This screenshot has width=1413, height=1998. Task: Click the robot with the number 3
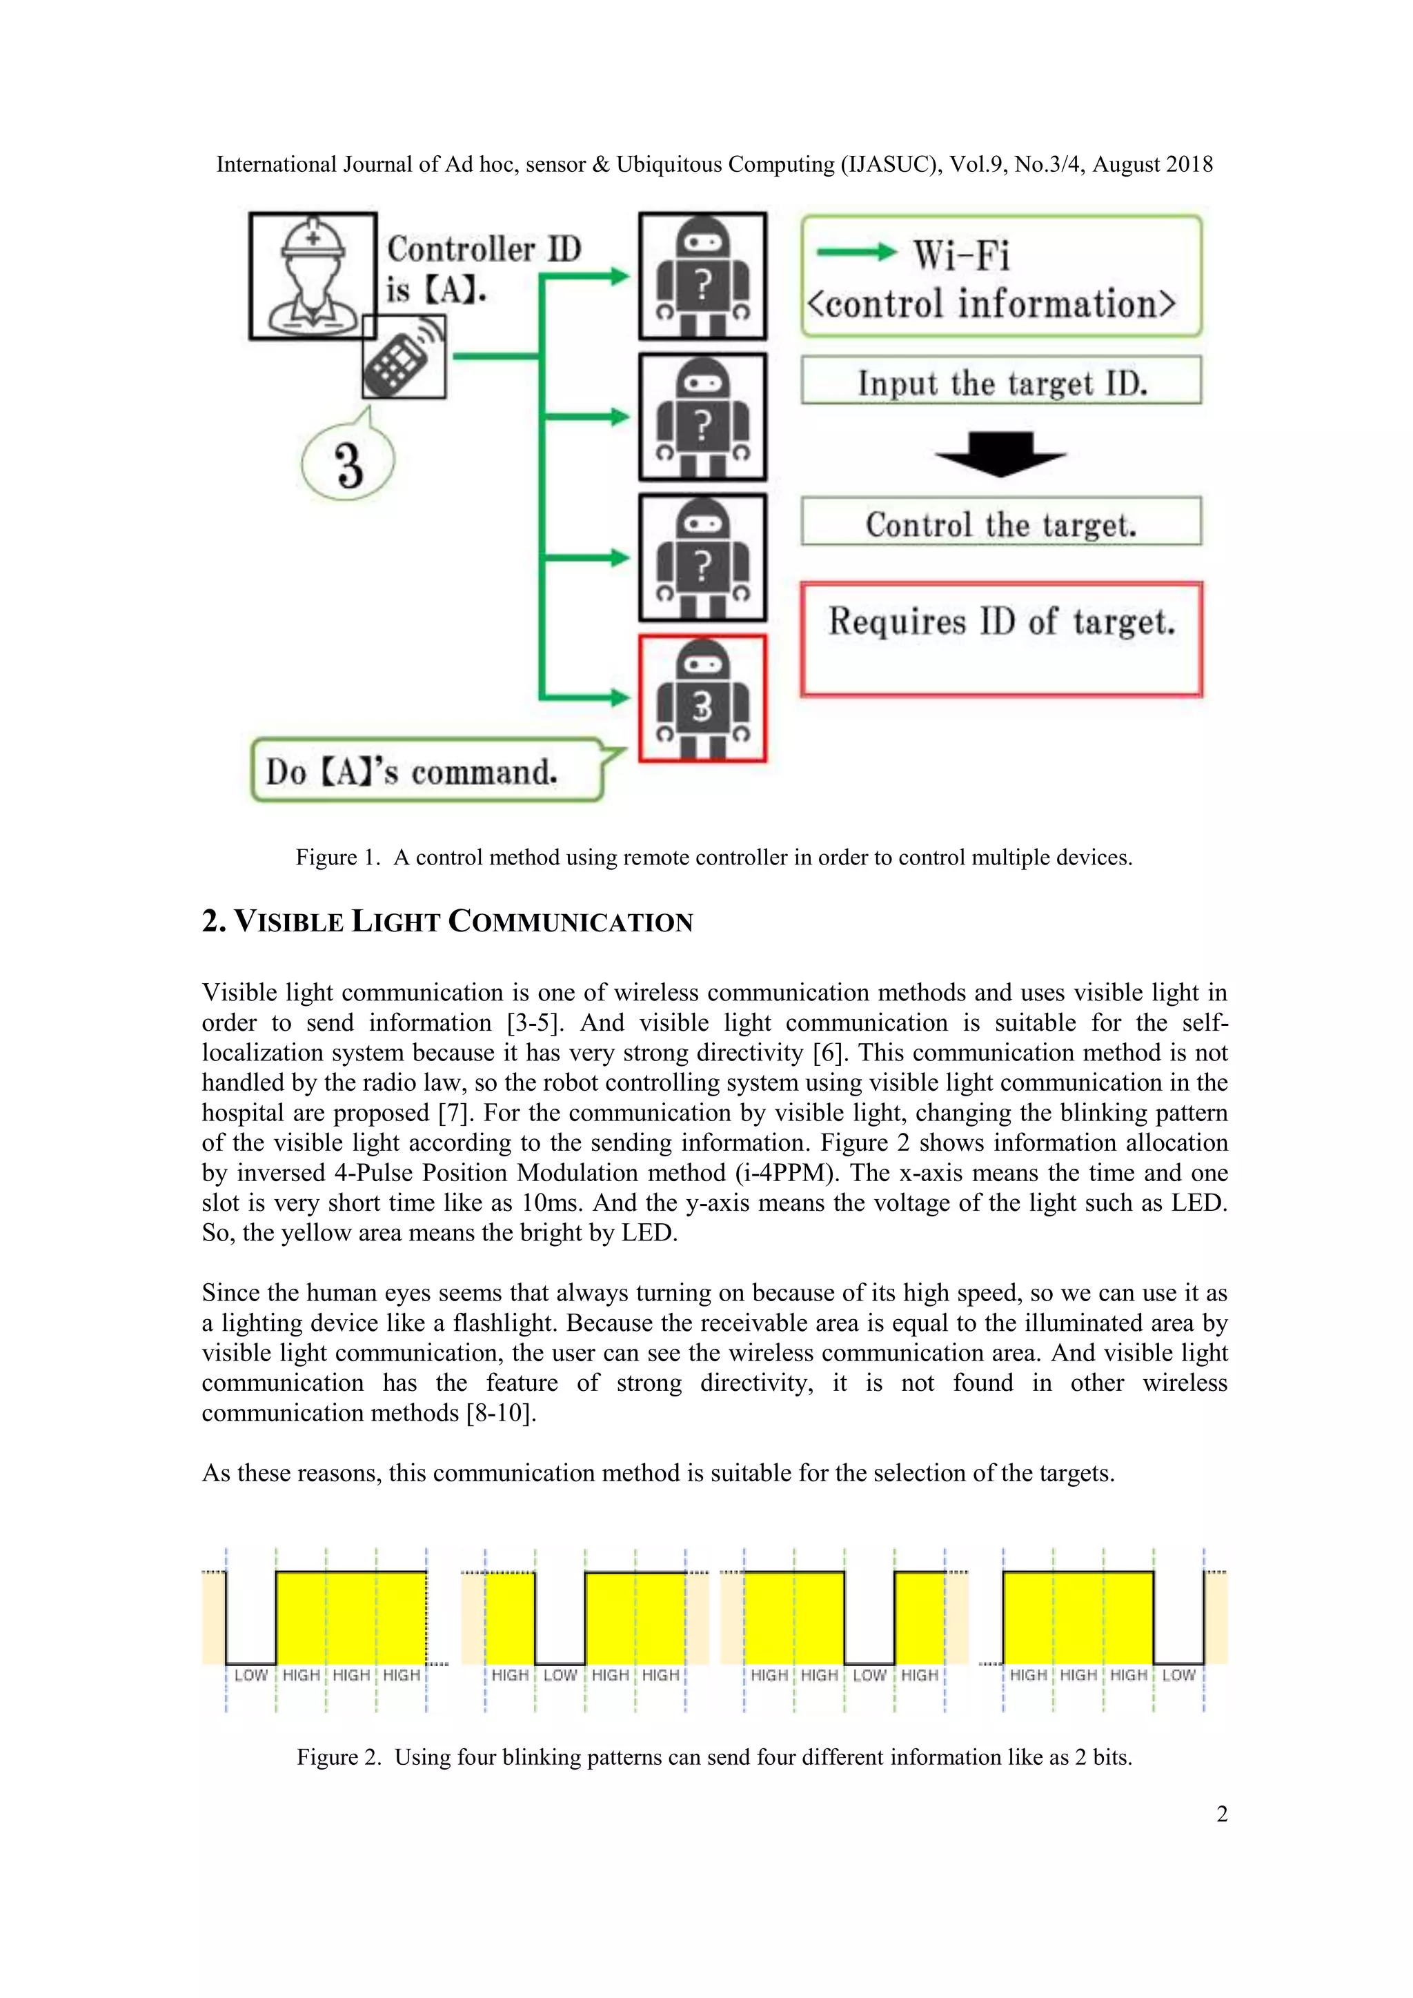tap(702, 698)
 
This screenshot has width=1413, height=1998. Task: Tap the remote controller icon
tap(404, 357)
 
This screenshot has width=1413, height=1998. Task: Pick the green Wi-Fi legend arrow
tap(856, 253)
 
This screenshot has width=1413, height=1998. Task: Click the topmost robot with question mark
tap(702, 276)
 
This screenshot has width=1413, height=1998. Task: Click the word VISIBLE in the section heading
tap(289, 922)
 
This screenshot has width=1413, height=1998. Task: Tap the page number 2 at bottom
tap(1222, 1814)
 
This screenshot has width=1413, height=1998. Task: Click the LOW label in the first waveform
tap(250, 1674)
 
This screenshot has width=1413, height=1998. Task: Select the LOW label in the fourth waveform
tap(1178, 1674)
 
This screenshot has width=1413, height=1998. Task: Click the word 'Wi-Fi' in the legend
tap(960, 255)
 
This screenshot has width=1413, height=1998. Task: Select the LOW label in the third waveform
tap(869, 1674)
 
